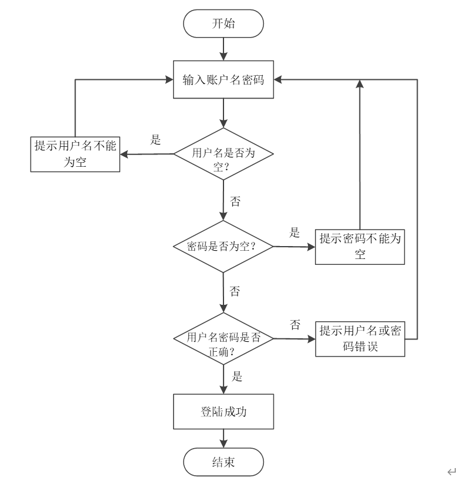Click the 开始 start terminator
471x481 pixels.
(x=223, y=23)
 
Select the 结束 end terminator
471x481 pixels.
(x=223, y=462)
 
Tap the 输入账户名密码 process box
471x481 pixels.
(x=223, y=79)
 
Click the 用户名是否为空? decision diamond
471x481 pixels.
(x=223, y=154)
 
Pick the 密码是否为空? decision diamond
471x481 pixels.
(x=223, y=246)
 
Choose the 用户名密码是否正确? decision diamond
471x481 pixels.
(x=223, y=339)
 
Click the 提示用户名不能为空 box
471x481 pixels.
(x=75, y=154)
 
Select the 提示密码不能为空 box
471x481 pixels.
(x=360, y=247)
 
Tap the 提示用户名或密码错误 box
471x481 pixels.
(x=360, y=339)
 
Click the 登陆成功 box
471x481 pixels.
(x=223, y=412)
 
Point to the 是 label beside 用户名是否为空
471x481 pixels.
(x=155, y=140)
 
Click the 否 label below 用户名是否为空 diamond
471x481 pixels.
(x=235, y=201)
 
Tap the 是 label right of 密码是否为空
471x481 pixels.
(x=294, y=232)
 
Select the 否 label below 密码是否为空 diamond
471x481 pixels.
(x=235, y=291)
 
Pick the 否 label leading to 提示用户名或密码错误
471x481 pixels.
(x=295, y=325)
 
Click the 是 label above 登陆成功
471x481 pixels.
(x=237, y=376)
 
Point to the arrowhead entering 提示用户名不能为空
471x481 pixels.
(x=124, y=154)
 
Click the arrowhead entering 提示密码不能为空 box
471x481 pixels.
(x=311, y=247)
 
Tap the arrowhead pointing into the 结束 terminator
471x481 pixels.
(x=223, y=444)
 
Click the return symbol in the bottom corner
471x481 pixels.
(x=452, y=471)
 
